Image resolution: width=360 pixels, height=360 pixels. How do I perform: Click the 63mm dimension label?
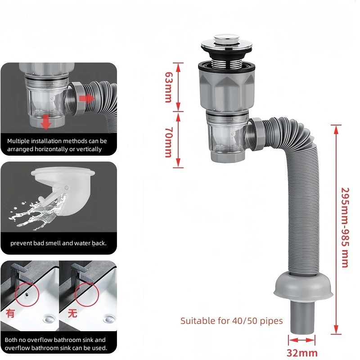tap(168, 87)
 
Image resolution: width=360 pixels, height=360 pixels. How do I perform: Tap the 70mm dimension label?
tap(168, 142)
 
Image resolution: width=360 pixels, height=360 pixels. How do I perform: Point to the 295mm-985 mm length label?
tap(345, 228)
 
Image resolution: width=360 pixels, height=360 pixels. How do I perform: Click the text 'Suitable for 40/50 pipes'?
tap(231, 321)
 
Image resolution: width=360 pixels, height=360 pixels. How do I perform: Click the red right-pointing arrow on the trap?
tap(86, 99)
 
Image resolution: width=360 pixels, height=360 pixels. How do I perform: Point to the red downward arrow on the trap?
tap(46, 122)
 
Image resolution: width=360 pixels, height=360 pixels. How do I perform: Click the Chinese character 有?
tap(10, 313)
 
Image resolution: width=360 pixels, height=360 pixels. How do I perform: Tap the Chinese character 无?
tap(72, 313)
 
